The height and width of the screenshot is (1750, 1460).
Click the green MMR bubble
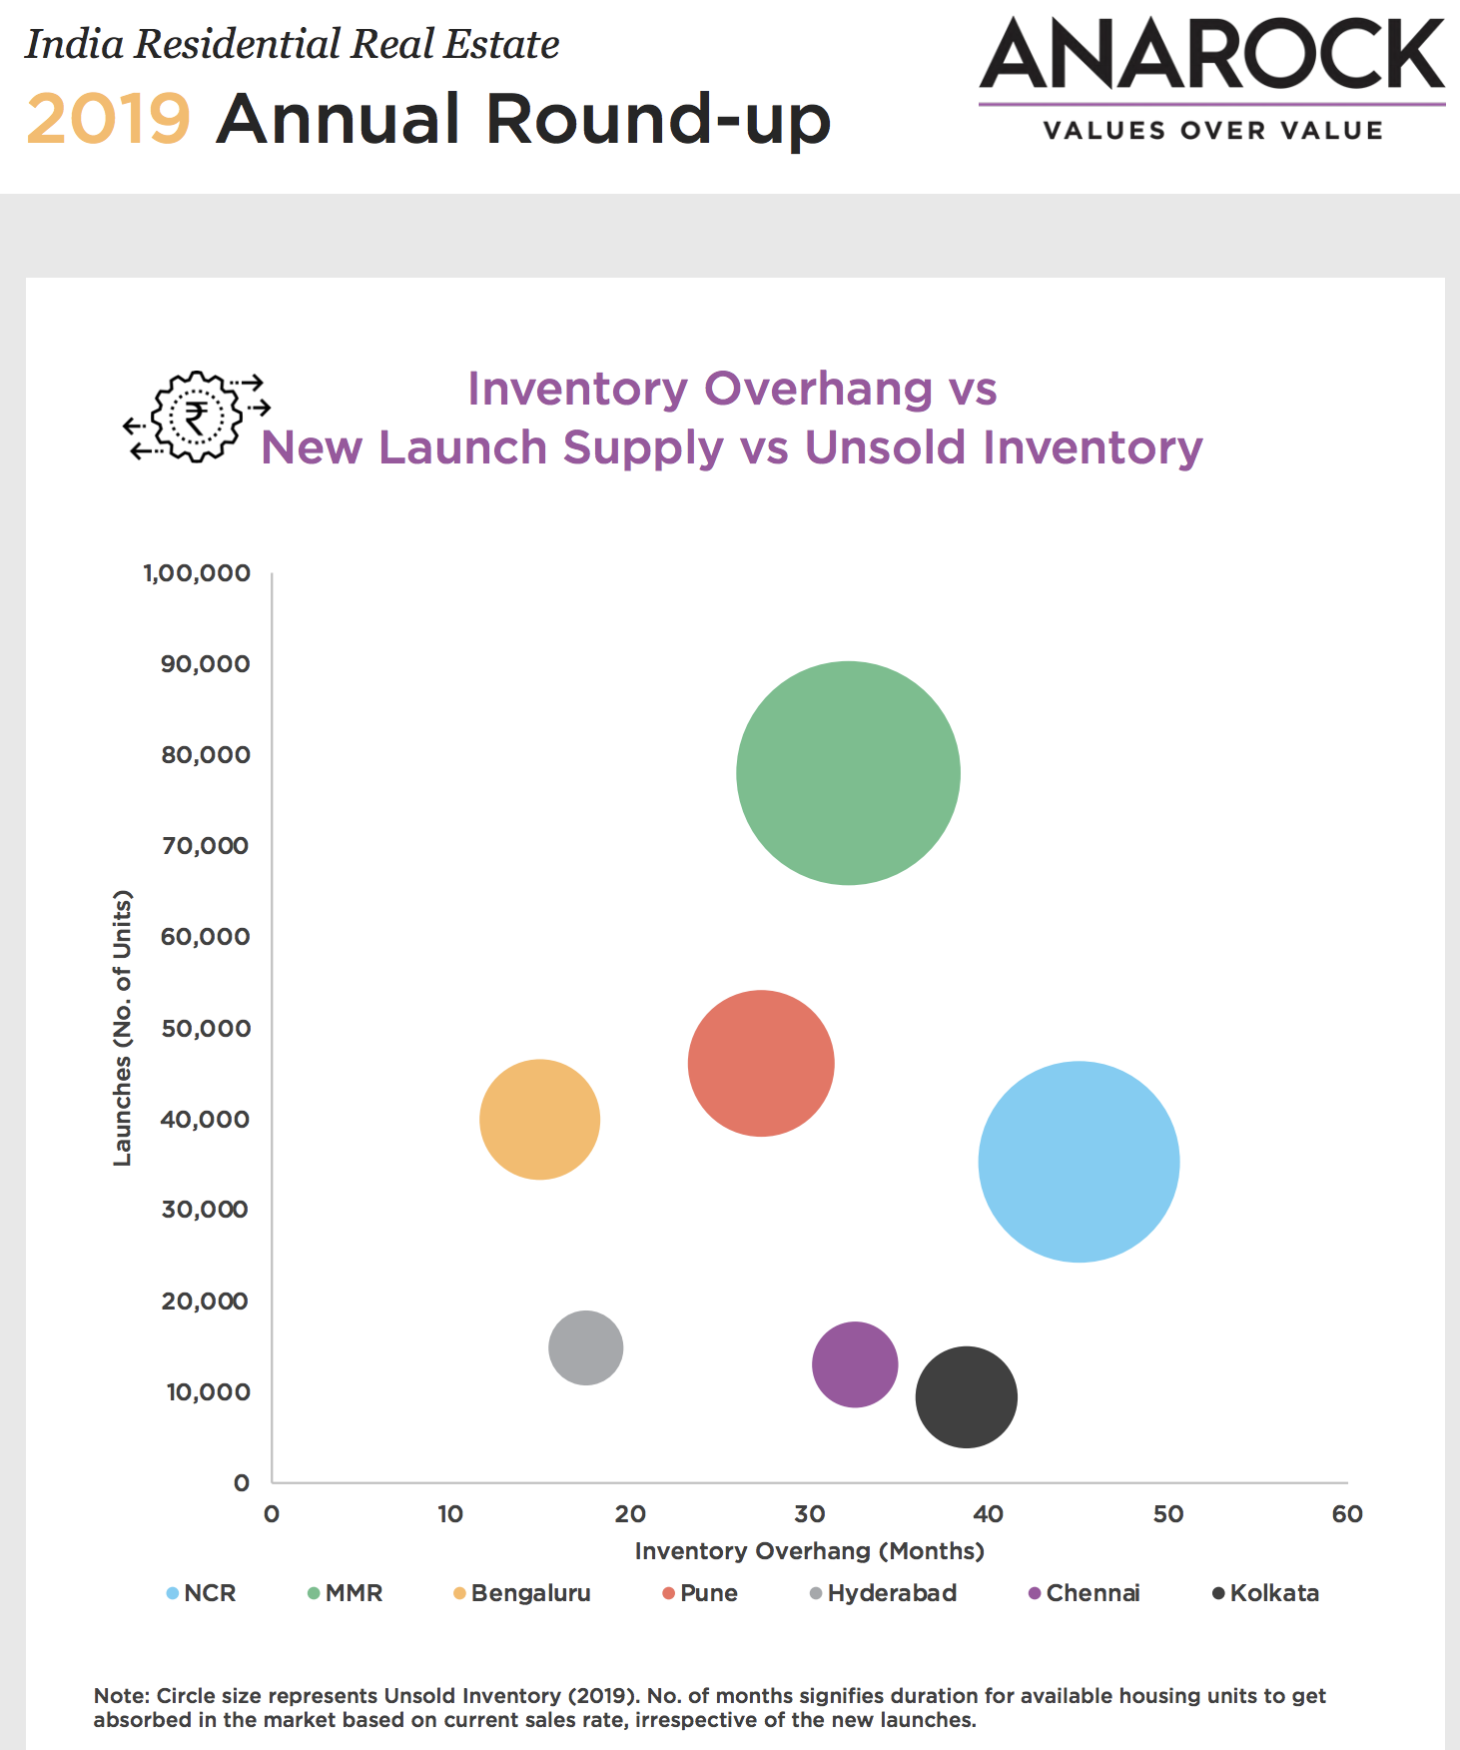[x=848, y=773]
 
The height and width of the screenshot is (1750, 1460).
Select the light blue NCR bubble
[x=1079, y=1162]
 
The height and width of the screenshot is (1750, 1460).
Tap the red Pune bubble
[x=761, y=1063]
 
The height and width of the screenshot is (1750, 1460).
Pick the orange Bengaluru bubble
[x=539, y=1119]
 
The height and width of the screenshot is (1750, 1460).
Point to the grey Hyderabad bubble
[x=586, y=1347]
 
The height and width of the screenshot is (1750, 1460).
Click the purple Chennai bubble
[x=855, y=1364]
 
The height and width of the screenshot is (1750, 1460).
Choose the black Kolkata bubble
[x=966, y=1396]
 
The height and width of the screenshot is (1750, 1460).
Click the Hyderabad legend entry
[x=883, y=1593]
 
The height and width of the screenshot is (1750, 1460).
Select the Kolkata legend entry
[x=1265, y=1593]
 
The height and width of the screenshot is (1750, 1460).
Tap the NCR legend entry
[x=202, y=1593]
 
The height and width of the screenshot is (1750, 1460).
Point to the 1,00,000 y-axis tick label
[x=197, y=573]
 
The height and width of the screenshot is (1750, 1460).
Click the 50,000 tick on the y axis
[x=206, y=1028]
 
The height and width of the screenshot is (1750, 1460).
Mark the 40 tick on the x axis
[x=988, y=1514]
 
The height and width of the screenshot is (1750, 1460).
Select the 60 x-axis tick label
[x=1346, y=1514]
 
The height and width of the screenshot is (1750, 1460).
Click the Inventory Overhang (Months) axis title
[x=810, y=1551]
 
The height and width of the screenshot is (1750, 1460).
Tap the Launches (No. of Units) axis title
[x=122, y=1027]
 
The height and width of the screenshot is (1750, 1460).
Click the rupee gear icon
[x=197, y=417]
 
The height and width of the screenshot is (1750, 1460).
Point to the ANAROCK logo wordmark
[x=1211, y=55]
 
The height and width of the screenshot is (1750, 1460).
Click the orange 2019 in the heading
[x=108, y=119]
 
